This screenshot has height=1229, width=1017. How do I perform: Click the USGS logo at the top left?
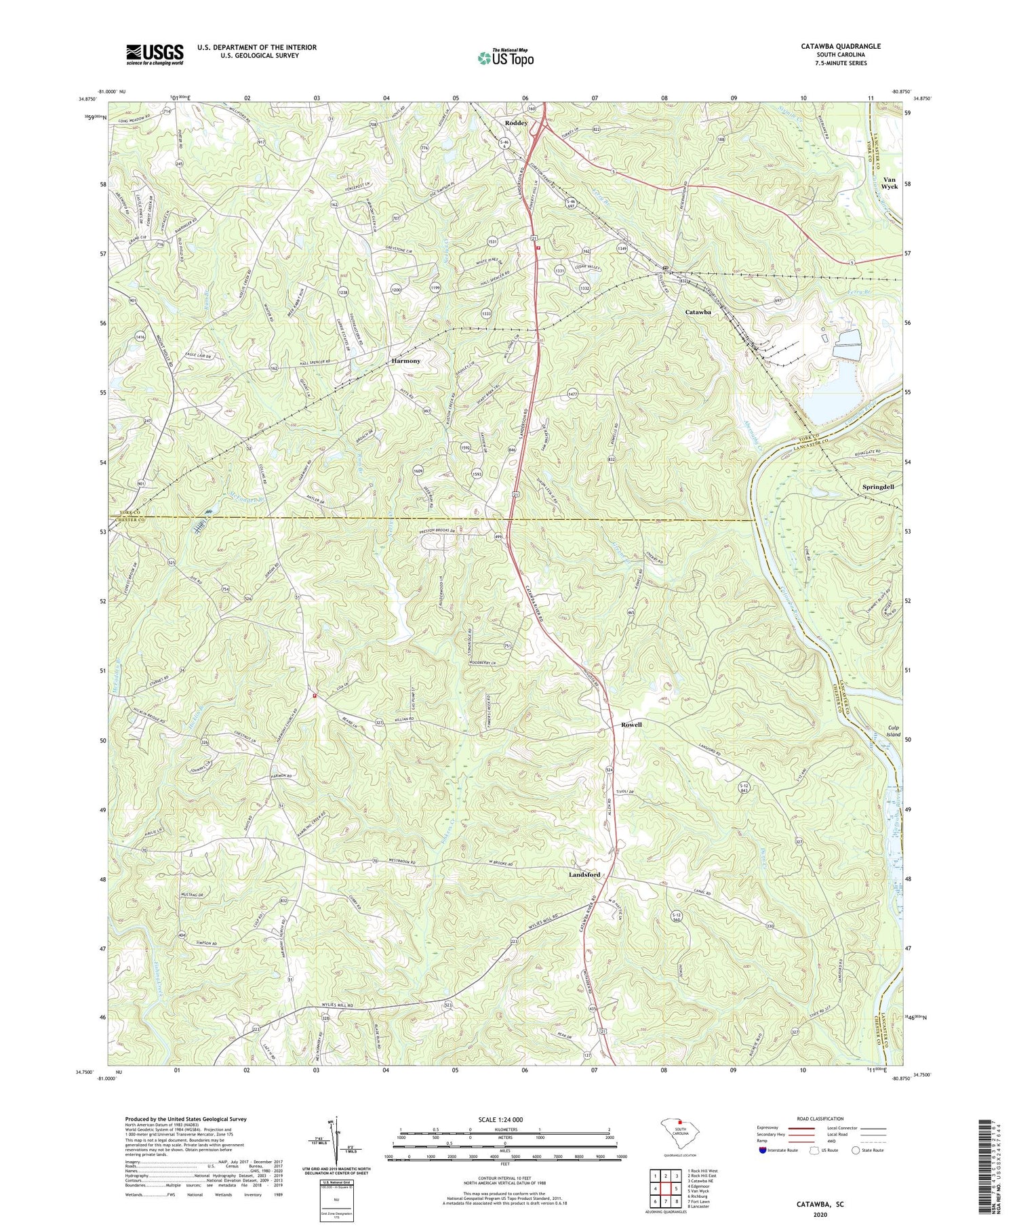coord(154,54)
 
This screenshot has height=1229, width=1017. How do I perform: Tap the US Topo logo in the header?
coord(505,58)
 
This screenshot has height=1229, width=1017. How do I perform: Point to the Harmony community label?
coord(406,361)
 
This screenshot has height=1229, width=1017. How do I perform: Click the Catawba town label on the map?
coord(698,312)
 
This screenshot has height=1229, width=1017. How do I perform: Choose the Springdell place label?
coord(877,487)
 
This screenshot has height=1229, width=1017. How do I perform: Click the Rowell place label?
coord(631,725)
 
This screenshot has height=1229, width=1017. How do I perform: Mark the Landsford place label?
coord(584,875)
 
